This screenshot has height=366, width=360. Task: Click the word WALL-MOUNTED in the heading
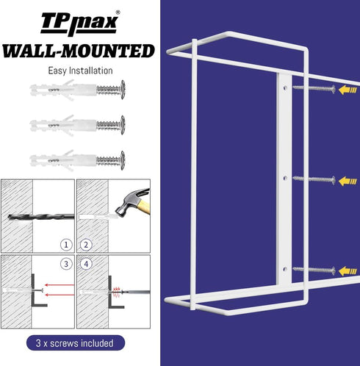click(79, 51)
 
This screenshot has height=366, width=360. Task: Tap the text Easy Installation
click(80, 71)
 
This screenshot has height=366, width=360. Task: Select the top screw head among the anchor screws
click(123, 90)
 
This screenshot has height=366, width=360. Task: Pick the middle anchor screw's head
click(123, 125)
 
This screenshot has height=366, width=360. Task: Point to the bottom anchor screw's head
click(123, 160)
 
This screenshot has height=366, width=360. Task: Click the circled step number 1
click(66, 245)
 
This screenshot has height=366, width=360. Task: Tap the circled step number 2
click(86, 245)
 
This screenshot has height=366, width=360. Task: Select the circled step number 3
click(66, 264)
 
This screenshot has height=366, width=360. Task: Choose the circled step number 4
click(86, 264)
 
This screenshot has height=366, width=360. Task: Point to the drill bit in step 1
click(41, 217)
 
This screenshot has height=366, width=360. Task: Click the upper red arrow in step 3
click(60, 285)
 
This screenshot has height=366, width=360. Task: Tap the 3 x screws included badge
click(76, 343)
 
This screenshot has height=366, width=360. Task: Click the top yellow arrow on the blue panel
click(348, 90)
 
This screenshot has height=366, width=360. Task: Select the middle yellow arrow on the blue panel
click(348, 182)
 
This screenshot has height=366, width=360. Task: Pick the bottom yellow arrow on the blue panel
click(348, 271)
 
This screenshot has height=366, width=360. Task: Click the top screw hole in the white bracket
click(285, 87)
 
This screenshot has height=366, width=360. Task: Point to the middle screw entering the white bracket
click(314, 179)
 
